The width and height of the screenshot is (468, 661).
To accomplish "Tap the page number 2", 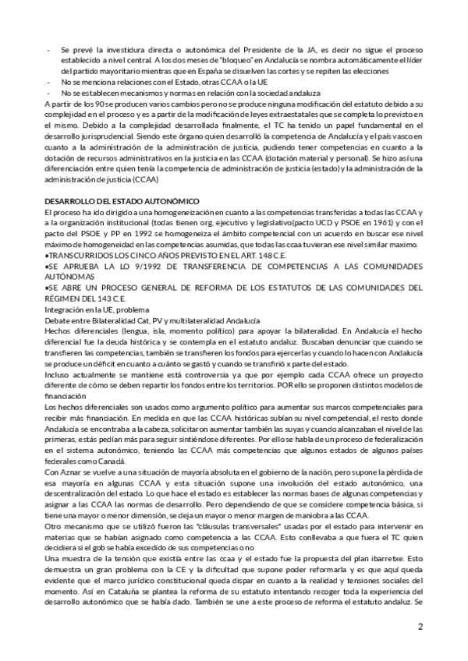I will tap(420, 627).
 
